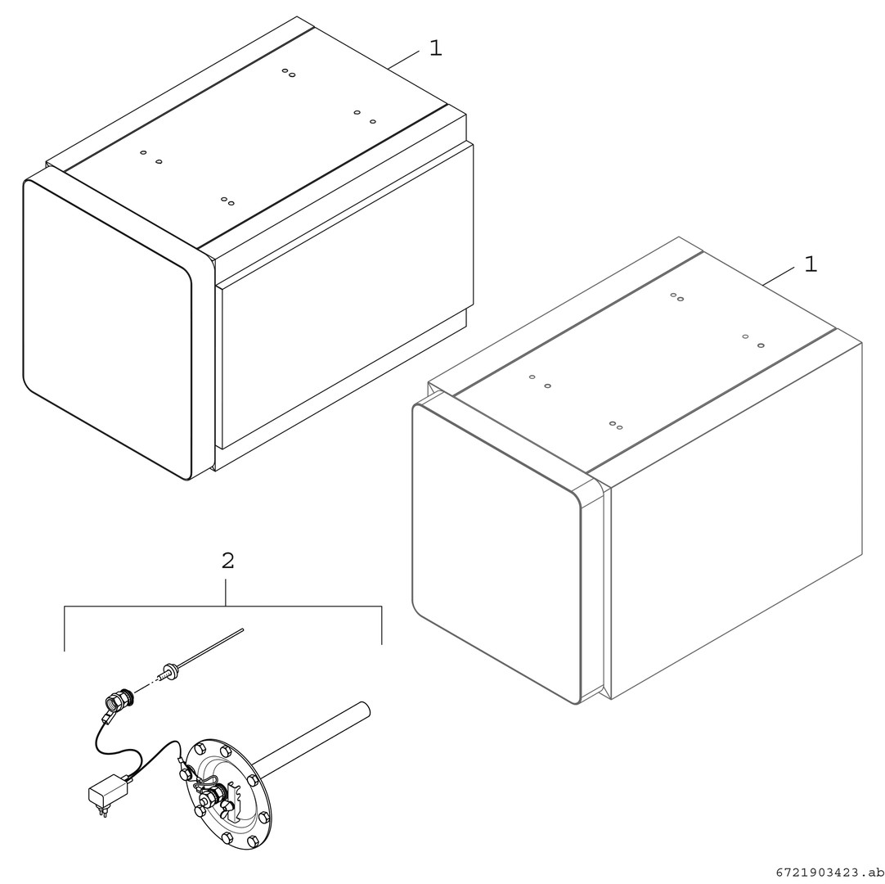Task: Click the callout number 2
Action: (227, 561)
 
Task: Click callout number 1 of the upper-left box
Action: (436, 48)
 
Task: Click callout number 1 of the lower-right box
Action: (811, 264)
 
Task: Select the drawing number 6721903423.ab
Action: (829, 873)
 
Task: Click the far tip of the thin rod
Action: (243, 629)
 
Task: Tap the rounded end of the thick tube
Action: (365, 708)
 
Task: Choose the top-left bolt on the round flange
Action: (200, 750)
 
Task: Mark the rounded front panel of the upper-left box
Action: (107, 330)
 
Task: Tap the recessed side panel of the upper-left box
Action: (345, 295)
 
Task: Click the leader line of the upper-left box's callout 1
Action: (403, 60)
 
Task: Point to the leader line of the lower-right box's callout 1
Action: (779, 276)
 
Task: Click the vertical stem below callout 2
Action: (226, 592)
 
